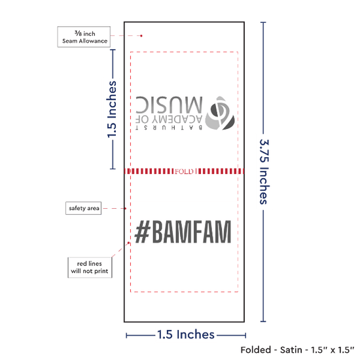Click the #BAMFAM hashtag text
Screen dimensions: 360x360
click(183, 232)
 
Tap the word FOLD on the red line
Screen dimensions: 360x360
click(184, 171)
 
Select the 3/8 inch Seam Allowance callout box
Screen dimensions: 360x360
click(84, 37)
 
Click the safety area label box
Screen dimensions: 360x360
click(84, 208)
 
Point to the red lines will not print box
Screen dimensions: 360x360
click(90, 268)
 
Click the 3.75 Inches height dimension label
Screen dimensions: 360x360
click(264, 171)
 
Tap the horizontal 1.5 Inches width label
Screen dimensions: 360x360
click(186, 334)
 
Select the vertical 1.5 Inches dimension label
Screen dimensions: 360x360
click(112, 109)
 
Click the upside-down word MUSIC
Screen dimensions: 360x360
click(170, 105)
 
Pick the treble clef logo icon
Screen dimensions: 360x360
click(220, 113)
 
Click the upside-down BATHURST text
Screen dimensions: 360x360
click(169, 128)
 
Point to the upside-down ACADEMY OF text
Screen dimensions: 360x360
click(169, 119)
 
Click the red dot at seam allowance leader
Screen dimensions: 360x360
click(141, 36)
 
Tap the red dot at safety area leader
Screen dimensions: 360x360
click(126, 208)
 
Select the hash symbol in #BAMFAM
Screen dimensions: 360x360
click(143, 232)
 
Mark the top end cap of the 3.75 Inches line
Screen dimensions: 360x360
click(263, 22)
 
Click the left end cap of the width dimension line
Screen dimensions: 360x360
click(126, 336)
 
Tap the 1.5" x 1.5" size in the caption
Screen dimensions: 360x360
click(333, 350)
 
